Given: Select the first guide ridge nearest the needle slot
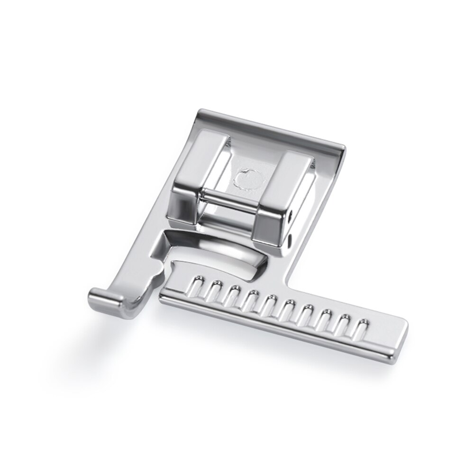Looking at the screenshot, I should [194, 290].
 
